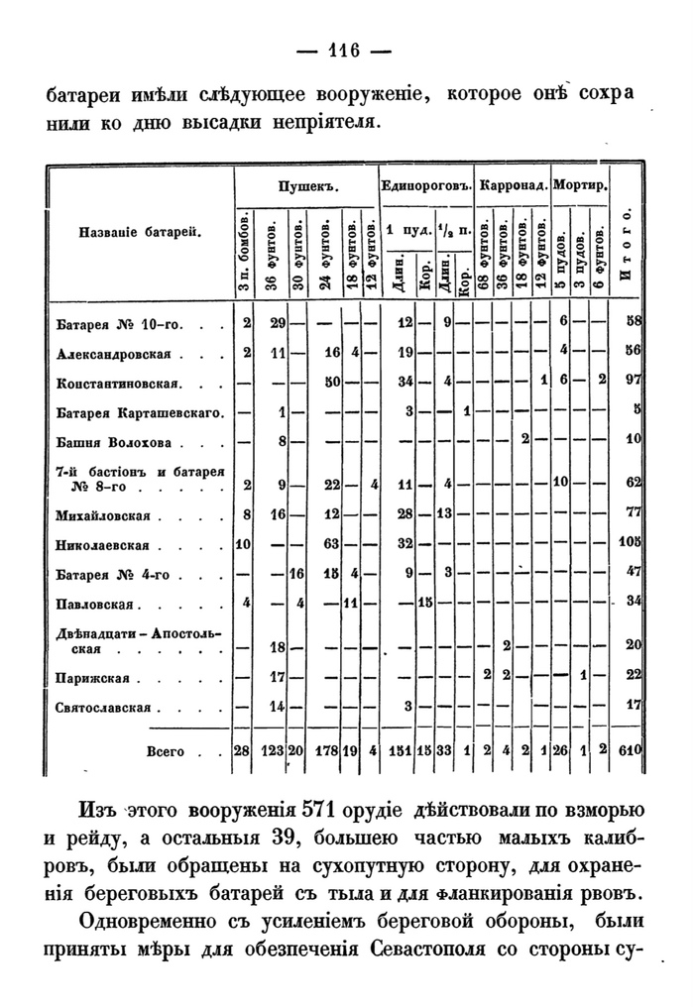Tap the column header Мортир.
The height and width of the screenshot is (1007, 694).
581,186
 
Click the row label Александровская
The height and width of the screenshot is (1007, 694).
114,353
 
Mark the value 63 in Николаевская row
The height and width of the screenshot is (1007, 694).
333,544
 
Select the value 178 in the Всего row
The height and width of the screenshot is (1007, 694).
328,752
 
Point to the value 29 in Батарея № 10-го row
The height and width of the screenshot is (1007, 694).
279,322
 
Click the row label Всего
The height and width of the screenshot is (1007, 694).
165,752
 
